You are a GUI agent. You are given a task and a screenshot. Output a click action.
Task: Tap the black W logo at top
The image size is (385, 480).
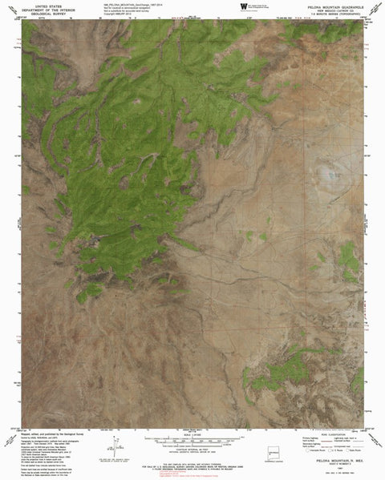pos(242,6)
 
